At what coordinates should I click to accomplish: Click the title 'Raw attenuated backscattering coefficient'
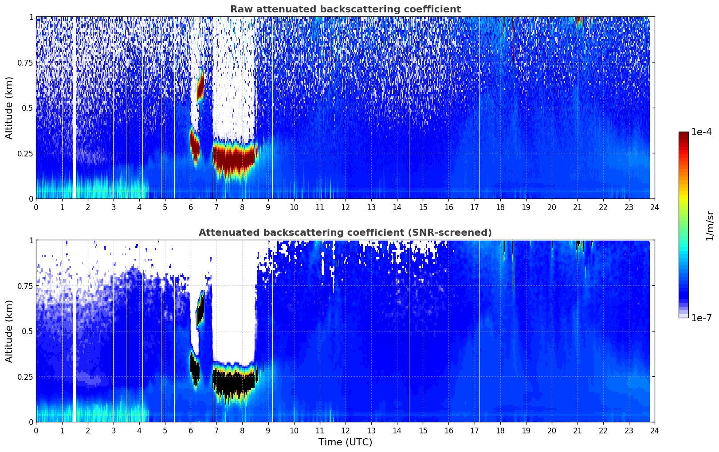[x=345, y=9]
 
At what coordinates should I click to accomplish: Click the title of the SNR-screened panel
[x=345, y=233]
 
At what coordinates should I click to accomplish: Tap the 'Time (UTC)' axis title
[x=345, y=442]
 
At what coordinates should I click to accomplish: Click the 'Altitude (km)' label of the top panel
[x=9, y=108]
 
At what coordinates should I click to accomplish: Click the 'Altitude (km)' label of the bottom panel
[x=9, y=331]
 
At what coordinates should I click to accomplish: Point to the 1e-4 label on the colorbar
[x=701, y=132]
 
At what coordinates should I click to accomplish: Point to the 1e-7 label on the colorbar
[x=701, y=318]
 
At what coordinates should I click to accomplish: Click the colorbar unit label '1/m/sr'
[x=710, y=226]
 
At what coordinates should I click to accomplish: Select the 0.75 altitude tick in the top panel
[x=25, y=62]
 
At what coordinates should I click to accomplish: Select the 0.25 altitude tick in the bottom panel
[x=25, y=377]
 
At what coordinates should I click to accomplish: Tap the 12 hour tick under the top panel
[x=346, y=207]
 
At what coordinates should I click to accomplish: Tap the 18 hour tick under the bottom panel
[x=500, y=430]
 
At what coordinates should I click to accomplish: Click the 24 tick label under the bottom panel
[x=655, y=430]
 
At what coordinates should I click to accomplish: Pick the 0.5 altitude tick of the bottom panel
[x=28, y=331]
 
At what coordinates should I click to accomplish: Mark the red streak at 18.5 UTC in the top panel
[x=513, y=44]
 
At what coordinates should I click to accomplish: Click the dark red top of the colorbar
[x=684, y=135]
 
